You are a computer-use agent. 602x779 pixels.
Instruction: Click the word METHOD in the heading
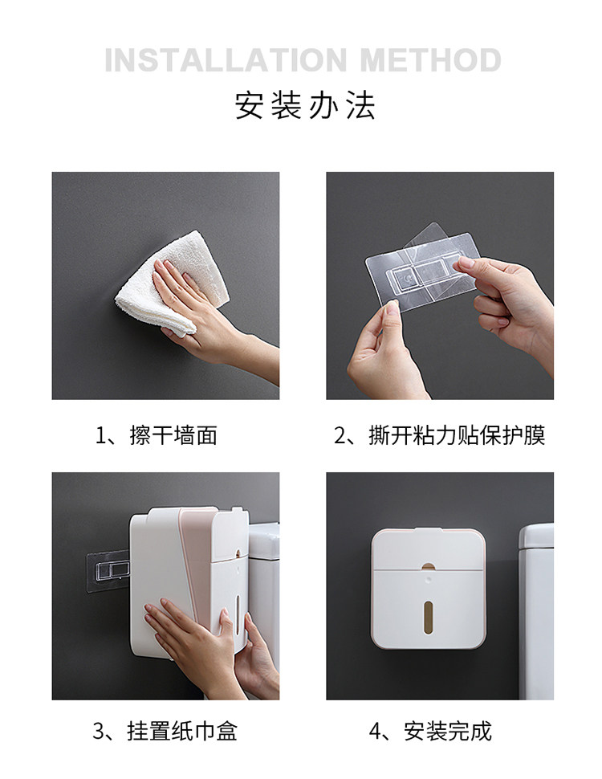coord(430,60)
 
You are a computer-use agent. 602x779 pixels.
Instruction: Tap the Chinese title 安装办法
coord(304,105)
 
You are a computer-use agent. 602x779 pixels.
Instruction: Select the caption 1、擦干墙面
coord(157,435)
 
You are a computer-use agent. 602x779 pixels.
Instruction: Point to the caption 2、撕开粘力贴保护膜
coord(440,435)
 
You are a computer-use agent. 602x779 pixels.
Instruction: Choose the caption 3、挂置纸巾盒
coord(165,731)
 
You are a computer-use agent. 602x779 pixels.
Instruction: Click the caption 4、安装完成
coord(430,731)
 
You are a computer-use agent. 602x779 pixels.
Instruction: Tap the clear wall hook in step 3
coord(108,571)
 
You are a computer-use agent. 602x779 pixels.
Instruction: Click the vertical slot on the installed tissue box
coord(429,618)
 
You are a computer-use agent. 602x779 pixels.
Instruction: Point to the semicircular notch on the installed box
coord(428,566)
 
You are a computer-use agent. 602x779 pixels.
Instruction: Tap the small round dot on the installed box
coord(428,579)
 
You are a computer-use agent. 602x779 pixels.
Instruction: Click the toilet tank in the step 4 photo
coord(536,611)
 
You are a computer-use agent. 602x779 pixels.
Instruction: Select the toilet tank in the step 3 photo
coord(263,596)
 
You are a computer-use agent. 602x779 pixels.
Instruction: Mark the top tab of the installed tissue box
coord(428,530)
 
